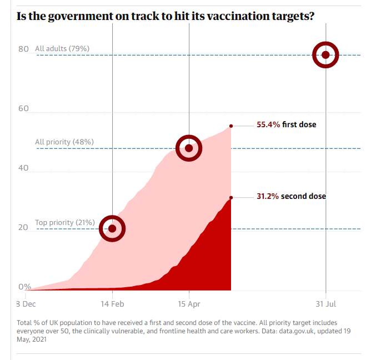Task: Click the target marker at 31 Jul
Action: (325, 54)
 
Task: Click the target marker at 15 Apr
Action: (189, 148)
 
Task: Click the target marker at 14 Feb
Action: (112, 228)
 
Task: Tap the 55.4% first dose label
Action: (286, 124)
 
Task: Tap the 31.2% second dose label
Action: (291, 196)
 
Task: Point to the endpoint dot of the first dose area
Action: (231, 126)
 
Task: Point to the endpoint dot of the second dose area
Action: (231, 197)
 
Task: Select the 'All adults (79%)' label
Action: (62, 49)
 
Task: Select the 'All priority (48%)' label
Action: (64, 142)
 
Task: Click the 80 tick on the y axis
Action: (23, 49)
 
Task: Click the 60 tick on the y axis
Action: (23, 108)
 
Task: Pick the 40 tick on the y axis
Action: (23, 168)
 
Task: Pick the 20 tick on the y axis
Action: (23, 227)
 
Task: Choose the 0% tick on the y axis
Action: (25, 287)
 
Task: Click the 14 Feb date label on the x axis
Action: (113, 304)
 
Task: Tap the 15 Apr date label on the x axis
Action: (189, 304)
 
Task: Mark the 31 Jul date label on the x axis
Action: (326, 304)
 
